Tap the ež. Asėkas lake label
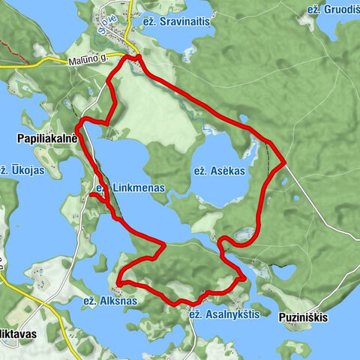[x=219, y=171]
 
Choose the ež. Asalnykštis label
[x=224, y=314]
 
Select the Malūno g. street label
[x=94, y=57]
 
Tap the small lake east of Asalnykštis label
[x=285, y=271]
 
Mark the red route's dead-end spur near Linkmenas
[x=92, y=196]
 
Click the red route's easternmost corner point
[x=284, y=161]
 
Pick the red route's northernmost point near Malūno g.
[x=138, y=57]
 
